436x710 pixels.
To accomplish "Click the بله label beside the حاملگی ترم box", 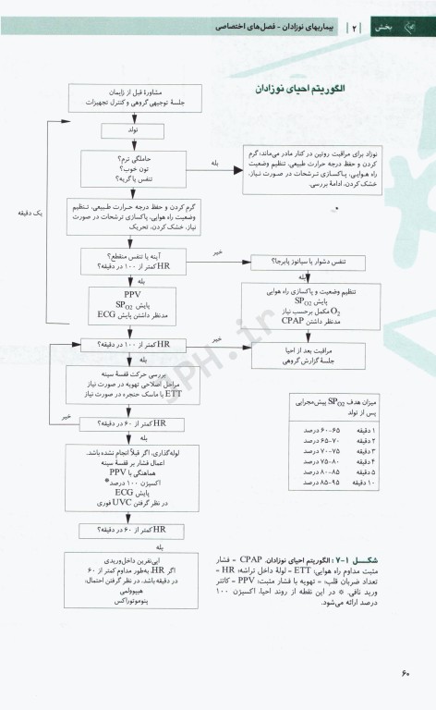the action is click(214, 163).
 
